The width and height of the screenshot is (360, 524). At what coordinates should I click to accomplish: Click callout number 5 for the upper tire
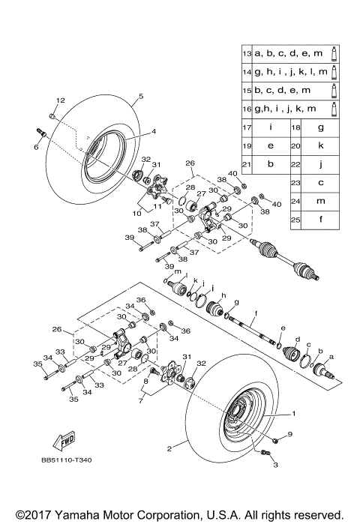(140, 97)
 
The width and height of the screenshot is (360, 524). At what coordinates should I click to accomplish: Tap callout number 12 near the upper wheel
(61, 100)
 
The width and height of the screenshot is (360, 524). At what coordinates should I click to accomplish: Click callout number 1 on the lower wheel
(293, 412)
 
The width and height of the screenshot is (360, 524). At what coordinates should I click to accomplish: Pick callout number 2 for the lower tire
(169, 449)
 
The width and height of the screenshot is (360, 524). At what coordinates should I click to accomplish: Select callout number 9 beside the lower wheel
(289, 434)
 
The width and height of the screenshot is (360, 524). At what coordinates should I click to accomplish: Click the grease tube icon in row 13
(334, 54)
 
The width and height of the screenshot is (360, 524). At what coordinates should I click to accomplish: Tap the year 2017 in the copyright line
(38, 514)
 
